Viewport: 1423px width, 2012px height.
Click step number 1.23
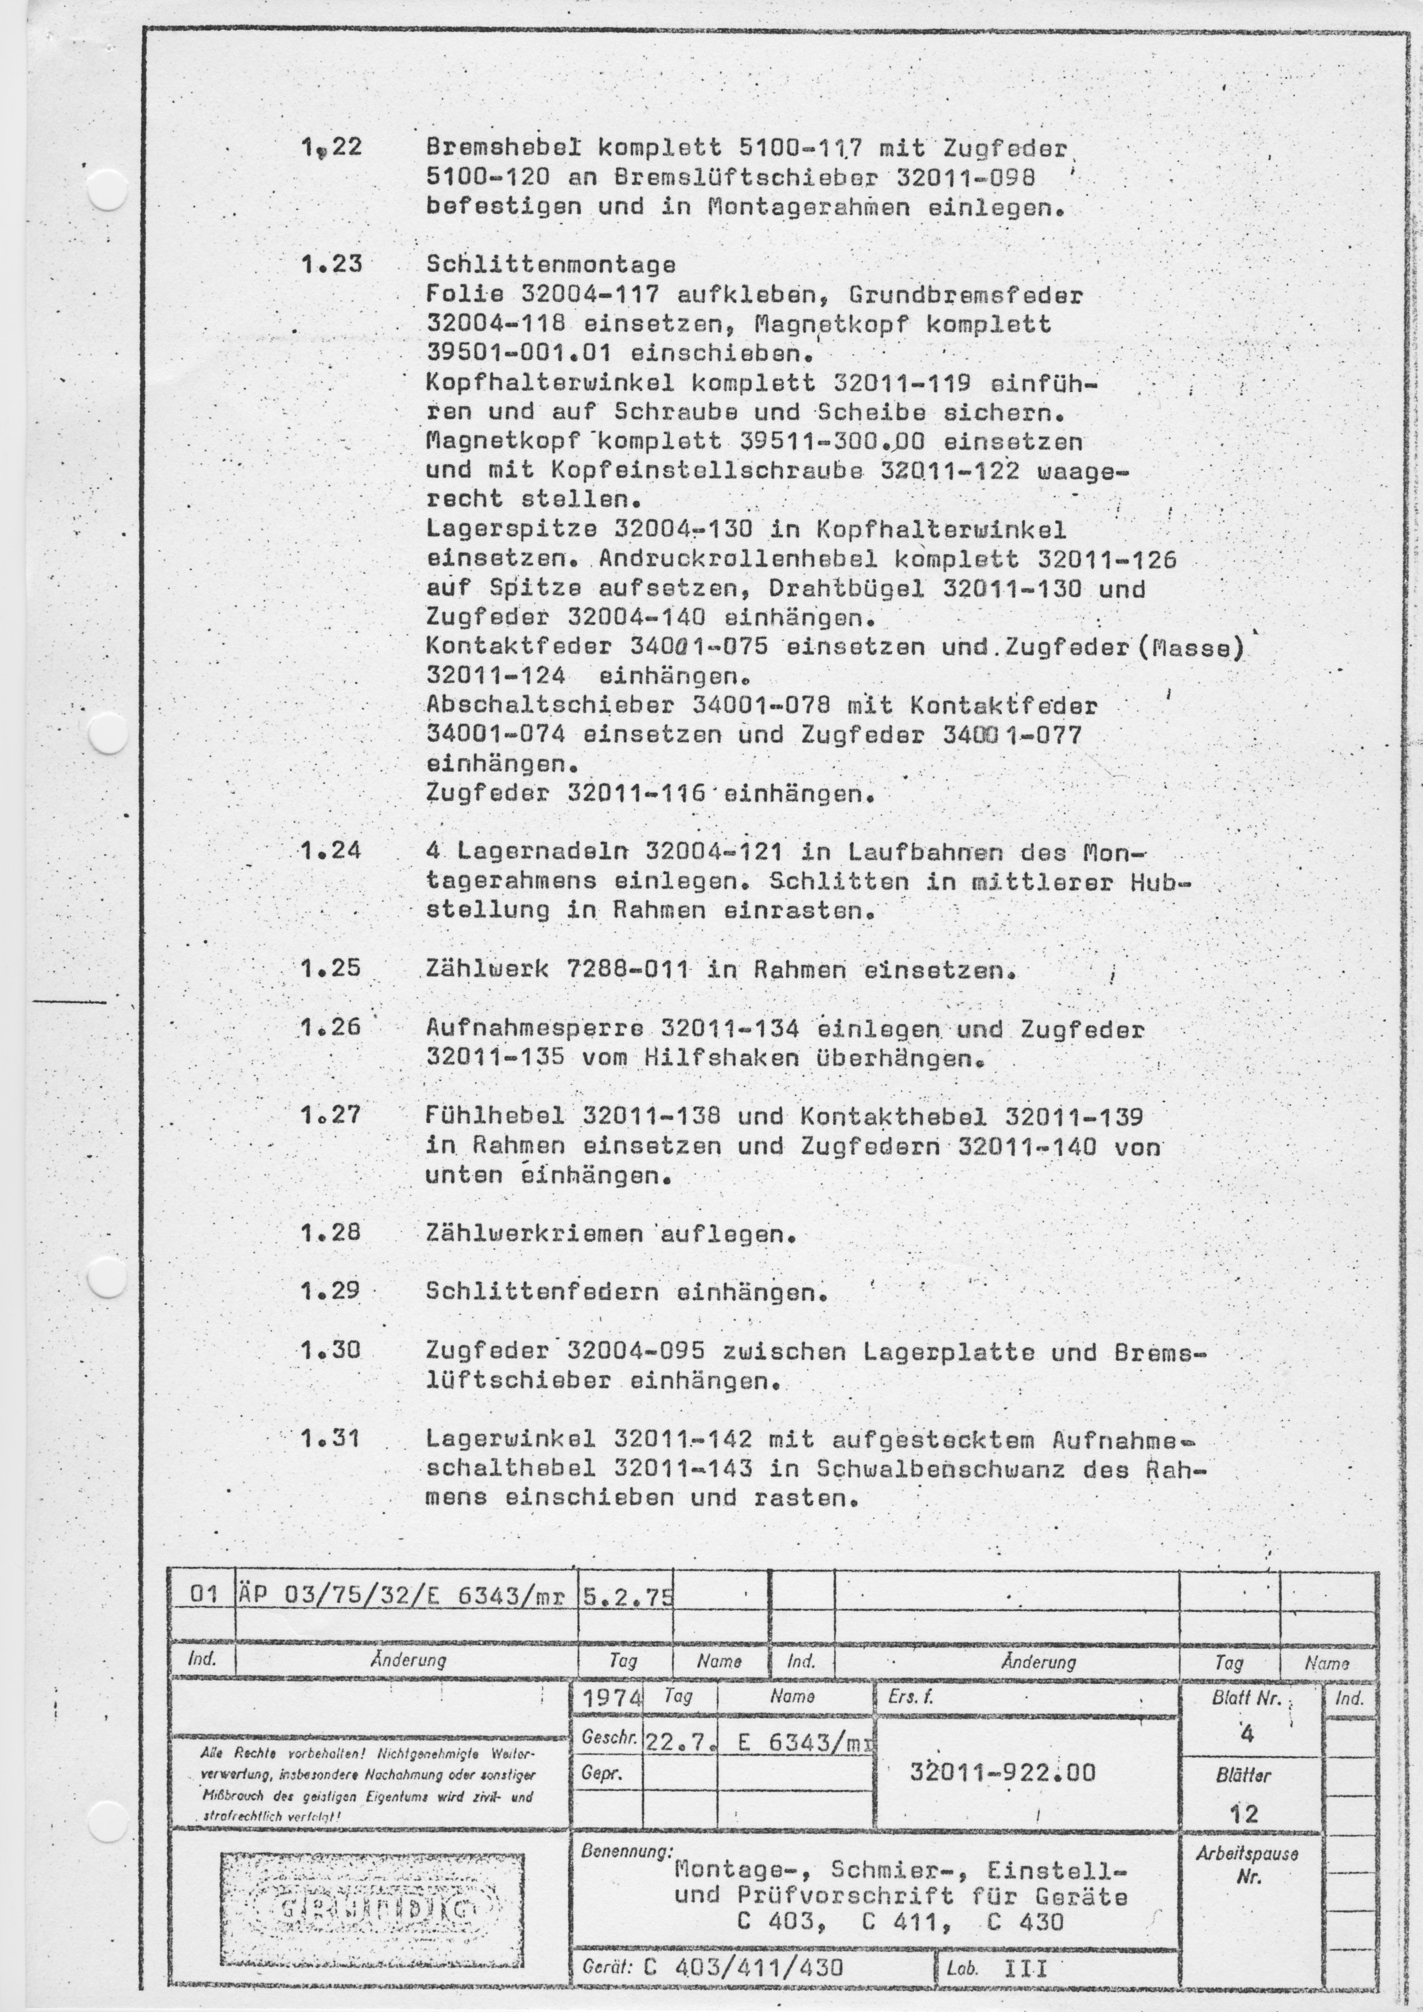pyautogui.click(x=331, y=264)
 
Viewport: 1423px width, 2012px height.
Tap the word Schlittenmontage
pyautogui.click(x=550, y=264)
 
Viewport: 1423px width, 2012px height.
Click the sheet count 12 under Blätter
pyautogui.click(x=1243, y=1813)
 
